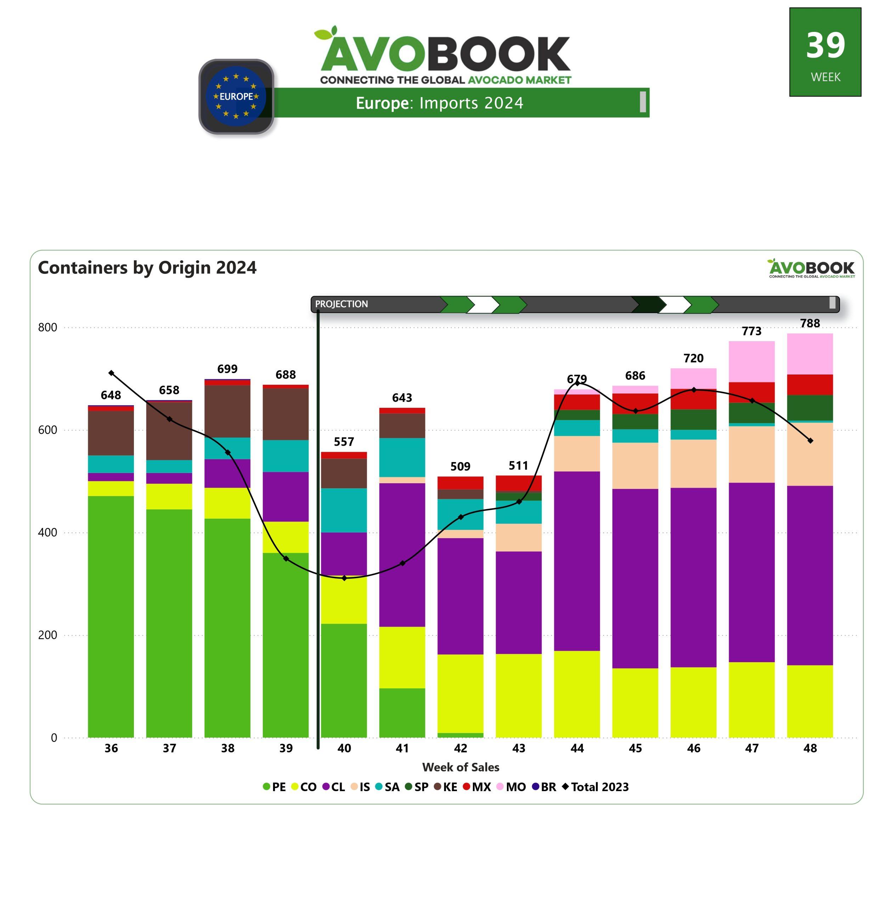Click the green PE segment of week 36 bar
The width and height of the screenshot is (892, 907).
click(111, 616)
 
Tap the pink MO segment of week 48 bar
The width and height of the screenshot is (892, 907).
click(809, 354)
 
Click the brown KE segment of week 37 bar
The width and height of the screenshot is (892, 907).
click(169, 430)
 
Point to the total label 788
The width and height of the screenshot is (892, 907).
click(809, 323)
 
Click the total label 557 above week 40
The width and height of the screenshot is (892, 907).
click(344, 442)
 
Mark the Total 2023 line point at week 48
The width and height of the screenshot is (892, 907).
click(810, 441)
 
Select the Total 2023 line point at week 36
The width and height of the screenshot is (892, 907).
click(111, 373)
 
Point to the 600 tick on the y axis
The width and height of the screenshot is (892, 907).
click(47, 430)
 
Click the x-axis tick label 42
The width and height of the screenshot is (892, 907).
click(461, 748)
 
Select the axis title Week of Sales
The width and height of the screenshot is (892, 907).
click(461, 767)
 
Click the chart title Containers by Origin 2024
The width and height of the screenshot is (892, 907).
click(147, 267)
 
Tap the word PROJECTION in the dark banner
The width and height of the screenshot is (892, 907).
click(341, 304)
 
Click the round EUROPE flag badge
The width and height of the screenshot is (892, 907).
click(236, 96)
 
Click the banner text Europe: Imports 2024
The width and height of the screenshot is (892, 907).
click(439, 103)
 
